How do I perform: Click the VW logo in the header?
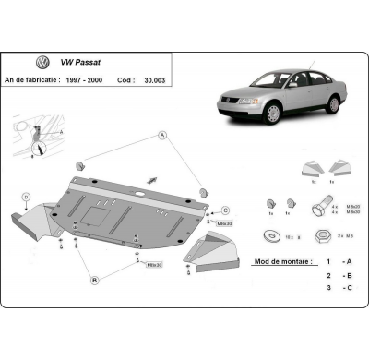pos(42,63)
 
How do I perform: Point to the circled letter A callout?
pos(162,136)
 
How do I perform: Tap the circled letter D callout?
pos(27,196)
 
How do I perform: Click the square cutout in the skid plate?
pos(95,214)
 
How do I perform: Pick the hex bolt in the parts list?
pos(317,209)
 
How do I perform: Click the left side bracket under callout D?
pos(28,222)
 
